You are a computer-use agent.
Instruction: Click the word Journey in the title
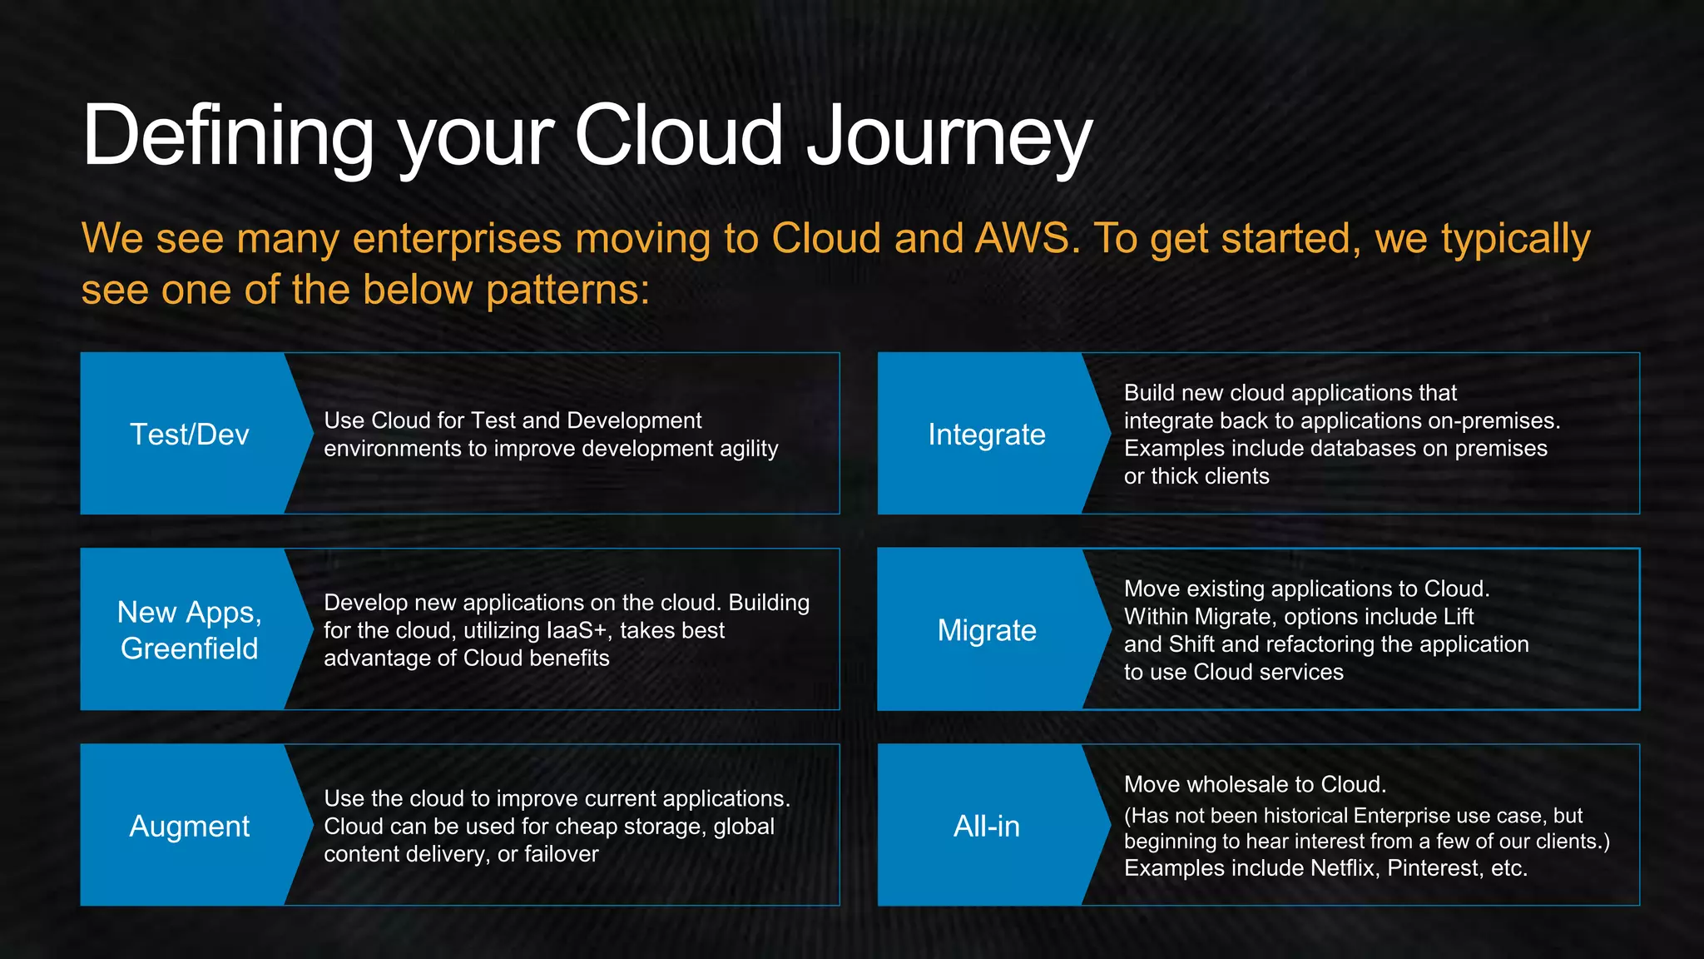[949, 137]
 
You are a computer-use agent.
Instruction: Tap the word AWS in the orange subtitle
[1027, 239]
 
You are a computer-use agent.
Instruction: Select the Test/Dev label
[190, 435]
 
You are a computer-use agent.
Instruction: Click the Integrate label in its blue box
[987, 435]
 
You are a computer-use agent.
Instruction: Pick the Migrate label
[987, 630]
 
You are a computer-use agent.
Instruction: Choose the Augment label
[190, 826]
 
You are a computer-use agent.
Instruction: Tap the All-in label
[987, 826]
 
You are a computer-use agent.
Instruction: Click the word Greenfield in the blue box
[190, 648]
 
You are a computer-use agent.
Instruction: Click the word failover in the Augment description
[561, 854]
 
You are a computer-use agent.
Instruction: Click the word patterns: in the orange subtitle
[567, 291]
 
